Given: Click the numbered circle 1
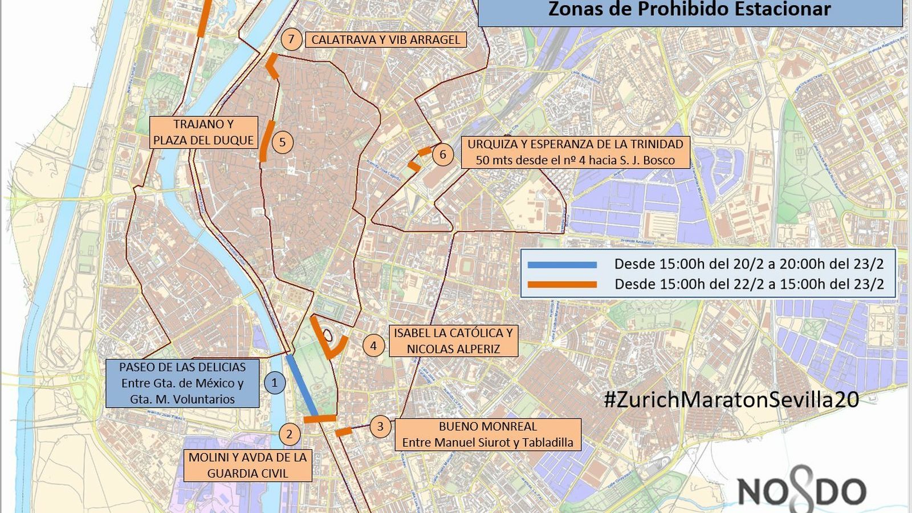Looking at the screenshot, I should pyautogui.click(x=274, y=382).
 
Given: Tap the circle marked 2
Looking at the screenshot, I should pyautogui.click(x=290, y=434).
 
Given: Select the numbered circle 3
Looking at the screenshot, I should pyautogui.click(x=380, y=426).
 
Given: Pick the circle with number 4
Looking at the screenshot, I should pyautogui.click(x=373, y=345).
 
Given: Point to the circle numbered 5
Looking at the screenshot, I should pyautogui.click(x=282, y=142).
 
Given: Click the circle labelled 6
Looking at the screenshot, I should pyautogui.click(x=443, y=154).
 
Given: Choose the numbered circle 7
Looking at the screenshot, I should pyautogui.click(x=291, y=39).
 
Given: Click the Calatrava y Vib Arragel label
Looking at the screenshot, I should pyautogui.click(x=386, y=39).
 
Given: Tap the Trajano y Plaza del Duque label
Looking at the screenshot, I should pyautogui.click(x=203, y=132).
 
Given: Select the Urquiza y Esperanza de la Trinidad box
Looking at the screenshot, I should pyautogui.click(x=575, y=152).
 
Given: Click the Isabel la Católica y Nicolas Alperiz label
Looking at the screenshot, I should pyautogui.click(x=453, y=341).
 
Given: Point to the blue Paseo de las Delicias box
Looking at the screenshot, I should pyautogui.click(x=182, y=383).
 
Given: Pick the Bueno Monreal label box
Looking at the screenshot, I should pyautogui.click(x=487, y=434).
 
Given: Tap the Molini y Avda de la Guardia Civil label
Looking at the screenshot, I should pyautogui.click(x=247, y=465).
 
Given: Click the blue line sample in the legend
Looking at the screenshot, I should pyautogui.click(x=562, y=264).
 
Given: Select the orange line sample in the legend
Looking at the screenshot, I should pyautogui.click(x=562, y=284).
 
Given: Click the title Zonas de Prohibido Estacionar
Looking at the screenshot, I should pyautogui.click(x=690, y=10).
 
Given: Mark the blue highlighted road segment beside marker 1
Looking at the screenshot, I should pyautogui.click(x=302, y=385).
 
